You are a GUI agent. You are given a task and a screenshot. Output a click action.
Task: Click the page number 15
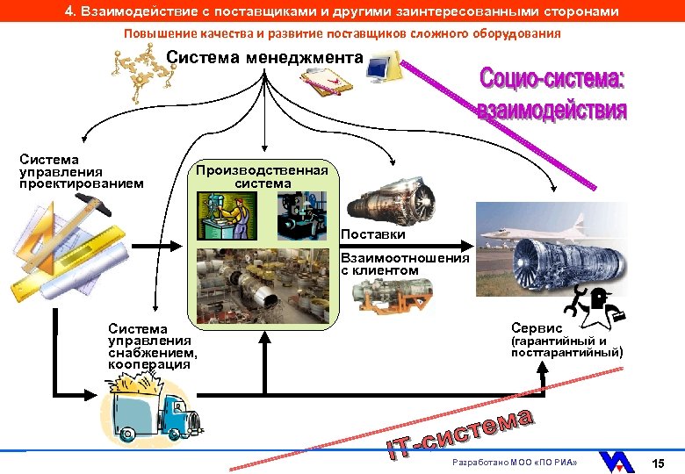tap(660, 462)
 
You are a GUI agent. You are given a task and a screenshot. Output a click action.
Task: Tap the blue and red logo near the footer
tap(619, 461)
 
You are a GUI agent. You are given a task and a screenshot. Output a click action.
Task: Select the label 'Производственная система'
tap(263, 176)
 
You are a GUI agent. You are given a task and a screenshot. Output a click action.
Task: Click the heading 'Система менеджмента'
tap(264, 57)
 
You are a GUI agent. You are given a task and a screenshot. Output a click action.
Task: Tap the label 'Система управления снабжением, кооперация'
tap(152, 346)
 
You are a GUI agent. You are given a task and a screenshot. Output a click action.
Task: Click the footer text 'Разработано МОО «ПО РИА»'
tap(514, 462)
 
